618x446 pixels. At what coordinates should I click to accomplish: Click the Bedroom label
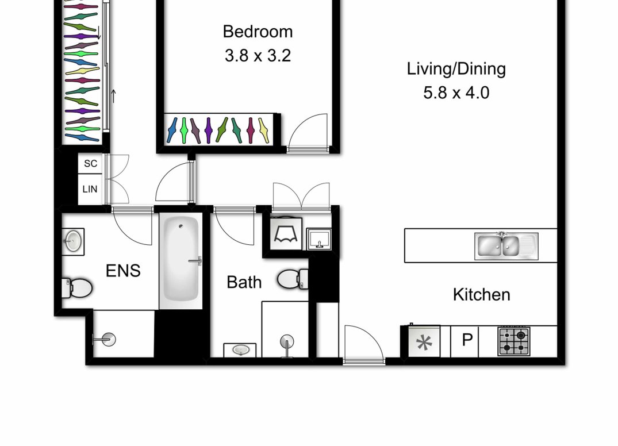258,32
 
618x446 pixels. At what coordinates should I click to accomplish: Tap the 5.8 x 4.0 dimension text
456,93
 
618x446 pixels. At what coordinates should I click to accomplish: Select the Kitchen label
481,295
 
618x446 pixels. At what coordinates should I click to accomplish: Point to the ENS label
123,271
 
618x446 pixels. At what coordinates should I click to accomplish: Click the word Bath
244,282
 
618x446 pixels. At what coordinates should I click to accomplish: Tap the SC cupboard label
90,163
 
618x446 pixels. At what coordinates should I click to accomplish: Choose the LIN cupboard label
90,189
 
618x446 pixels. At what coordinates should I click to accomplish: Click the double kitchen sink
506,246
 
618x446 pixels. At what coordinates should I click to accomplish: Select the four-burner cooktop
513,341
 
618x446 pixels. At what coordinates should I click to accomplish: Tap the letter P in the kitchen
467,340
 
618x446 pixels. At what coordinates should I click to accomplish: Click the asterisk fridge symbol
424,343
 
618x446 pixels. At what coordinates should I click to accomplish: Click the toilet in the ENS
76,287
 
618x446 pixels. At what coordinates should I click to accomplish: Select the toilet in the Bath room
293,279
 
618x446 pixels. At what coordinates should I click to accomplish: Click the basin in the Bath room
240,350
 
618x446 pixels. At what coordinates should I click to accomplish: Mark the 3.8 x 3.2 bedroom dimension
258,56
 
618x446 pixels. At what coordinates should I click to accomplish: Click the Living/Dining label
456,68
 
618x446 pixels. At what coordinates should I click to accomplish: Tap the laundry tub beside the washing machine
319,239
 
